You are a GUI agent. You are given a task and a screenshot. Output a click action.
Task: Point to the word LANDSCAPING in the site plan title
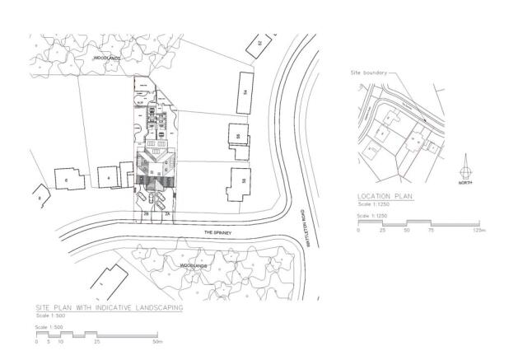click(x=157, y=306)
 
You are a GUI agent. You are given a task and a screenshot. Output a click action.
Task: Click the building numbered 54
click(x=245, y=91)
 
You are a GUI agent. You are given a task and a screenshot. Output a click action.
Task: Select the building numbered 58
click(x=239, y=182)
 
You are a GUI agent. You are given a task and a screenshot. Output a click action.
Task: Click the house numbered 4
click(x=108, y=176)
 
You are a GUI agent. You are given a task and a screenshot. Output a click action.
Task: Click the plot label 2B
click(x=146, y=213)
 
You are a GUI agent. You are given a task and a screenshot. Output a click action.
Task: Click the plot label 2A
click(x=167, y=213)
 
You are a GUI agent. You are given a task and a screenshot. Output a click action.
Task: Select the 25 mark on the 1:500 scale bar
click(x=97, y=341)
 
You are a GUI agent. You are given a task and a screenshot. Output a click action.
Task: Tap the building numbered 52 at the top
click(x=259, y=42)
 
